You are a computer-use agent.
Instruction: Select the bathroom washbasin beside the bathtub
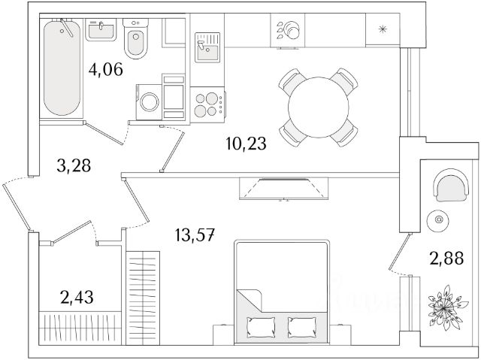tap(101, 31)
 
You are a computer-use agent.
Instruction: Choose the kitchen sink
tap(206, 48)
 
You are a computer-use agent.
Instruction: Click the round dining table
tap(318, 107)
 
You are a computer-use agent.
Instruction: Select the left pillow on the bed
tap(263, 326)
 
